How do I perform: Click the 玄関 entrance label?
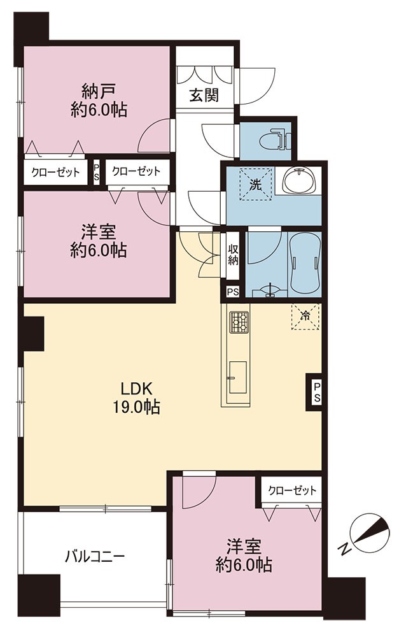coord(204,96)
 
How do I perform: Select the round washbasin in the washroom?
coord(300,182)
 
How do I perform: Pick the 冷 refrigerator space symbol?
coord(305,317)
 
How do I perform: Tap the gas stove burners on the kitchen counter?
coord(237,322)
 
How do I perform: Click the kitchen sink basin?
coord(237,377)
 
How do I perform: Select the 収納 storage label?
coord(232,255)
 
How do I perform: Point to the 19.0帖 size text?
coord(136,406)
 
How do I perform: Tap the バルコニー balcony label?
coord(95,555)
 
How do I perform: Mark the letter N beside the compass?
coord(345,548)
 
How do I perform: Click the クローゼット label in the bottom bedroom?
coord(292,490)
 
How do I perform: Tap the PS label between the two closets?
coord(96,171)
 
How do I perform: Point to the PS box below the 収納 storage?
coord(232,292)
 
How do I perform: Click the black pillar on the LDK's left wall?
coord(34,334)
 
